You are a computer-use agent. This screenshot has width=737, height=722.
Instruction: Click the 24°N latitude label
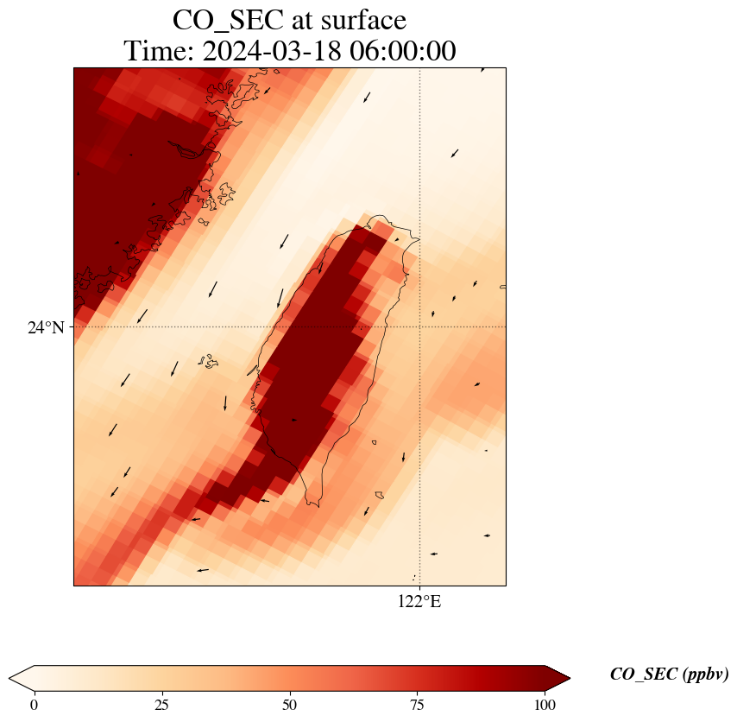click(x=46, y=327)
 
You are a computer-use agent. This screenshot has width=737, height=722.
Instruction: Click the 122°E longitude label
click(x=419, y=602)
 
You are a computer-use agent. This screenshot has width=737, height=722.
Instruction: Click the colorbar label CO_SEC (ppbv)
click(x=669, y=674)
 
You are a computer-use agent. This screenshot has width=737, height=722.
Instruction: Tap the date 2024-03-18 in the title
click(x=273, y=51)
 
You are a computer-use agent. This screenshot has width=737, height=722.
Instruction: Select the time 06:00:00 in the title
click(x=403, y=51)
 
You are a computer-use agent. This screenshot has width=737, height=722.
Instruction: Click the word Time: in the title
click(x=158, y=51)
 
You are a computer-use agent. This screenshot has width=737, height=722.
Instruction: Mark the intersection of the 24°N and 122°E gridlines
click(x=419, y=327)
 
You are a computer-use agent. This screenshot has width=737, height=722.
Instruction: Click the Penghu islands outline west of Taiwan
click(x=208, y=360)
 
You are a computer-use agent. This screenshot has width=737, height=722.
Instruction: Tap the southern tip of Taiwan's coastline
click(x=317, y=504)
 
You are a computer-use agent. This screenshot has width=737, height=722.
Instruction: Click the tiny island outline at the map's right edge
click(x=502, y=287)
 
